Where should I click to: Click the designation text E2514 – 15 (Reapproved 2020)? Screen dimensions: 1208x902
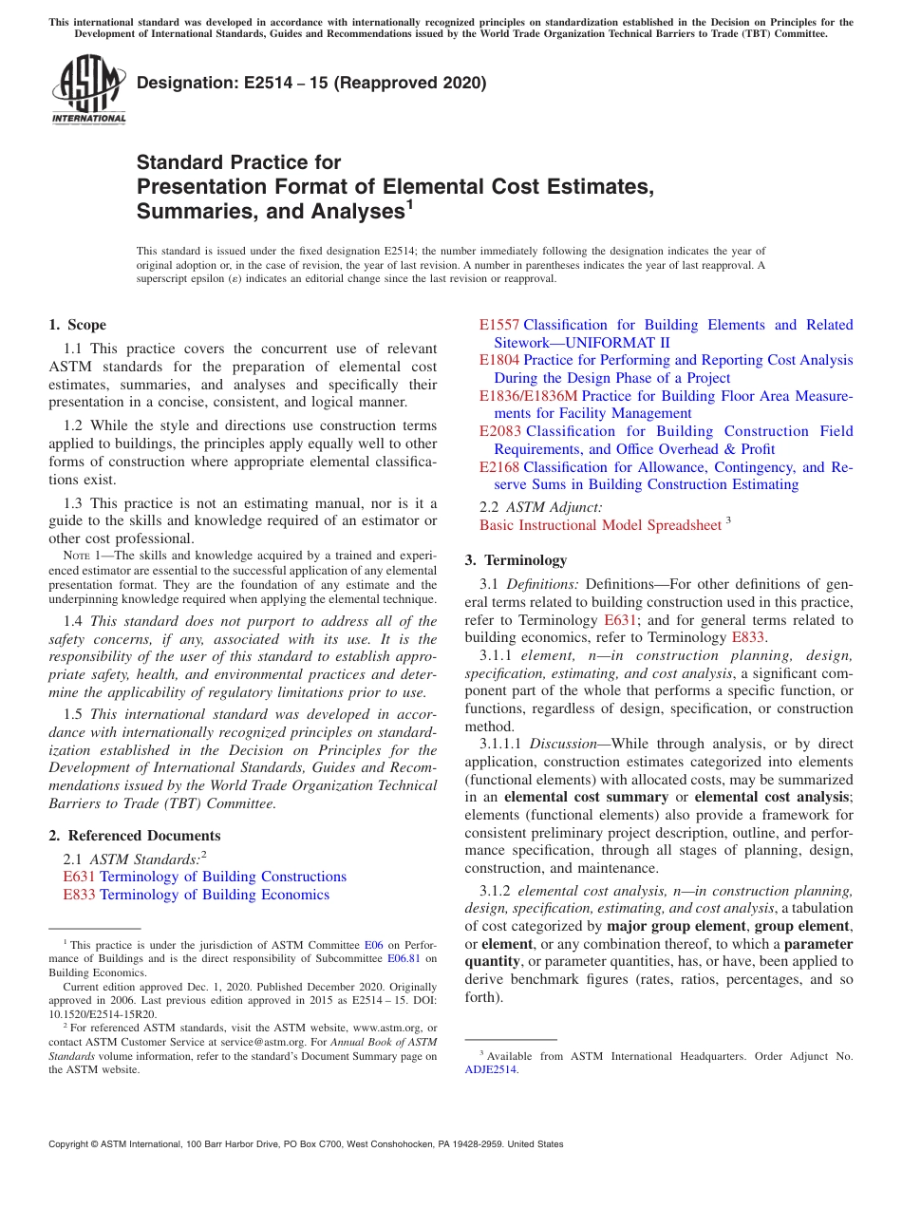[x=311, y=83]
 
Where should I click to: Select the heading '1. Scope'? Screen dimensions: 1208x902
[x=78, y=325]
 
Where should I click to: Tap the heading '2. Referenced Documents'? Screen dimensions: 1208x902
[x=135, y=836]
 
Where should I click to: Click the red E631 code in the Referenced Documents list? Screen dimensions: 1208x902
[x=79, y=877]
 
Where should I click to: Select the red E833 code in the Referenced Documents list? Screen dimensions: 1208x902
[x=79, y=895]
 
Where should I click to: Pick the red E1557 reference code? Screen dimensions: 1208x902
[x=499, y=325]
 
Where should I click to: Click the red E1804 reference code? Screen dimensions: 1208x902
[x=499, y=360]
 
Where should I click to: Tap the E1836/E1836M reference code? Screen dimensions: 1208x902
[x=528, y=396]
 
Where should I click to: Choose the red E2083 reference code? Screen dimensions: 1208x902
[x=499, y=431]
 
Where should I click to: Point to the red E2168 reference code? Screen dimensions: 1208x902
[x=499, y=467]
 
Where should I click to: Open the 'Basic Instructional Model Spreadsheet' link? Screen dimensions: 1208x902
[x=600, y=525]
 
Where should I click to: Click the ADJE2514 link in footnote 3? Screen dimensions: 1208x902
[x=491, y=1068]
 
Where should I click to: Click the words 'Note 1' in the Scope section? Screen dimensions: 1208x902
[x=86, y=556]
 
